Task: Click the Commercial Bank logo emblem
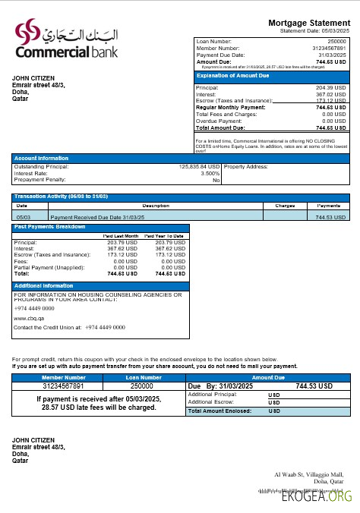coord(29,33)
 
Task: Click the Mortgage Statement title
coord(310,23)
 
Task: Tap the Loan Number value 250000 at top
coord(336,40)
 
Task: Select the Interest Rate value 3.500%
coord(209,173)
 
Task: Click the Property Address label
coord(247,166)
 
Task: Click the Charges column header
coord(285,206)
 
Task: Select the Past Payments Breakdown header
coord(47,227)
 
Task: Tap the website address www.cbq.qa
coord(28,319)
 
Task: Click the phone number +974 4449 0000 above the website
coord(34,309)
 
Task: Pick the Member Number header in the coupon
coord(64,377)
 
